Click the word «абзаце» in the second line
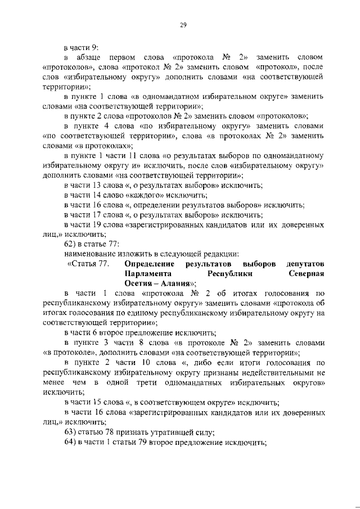(x=96, y=57)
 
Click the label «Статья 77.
(x=88, y=264)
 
